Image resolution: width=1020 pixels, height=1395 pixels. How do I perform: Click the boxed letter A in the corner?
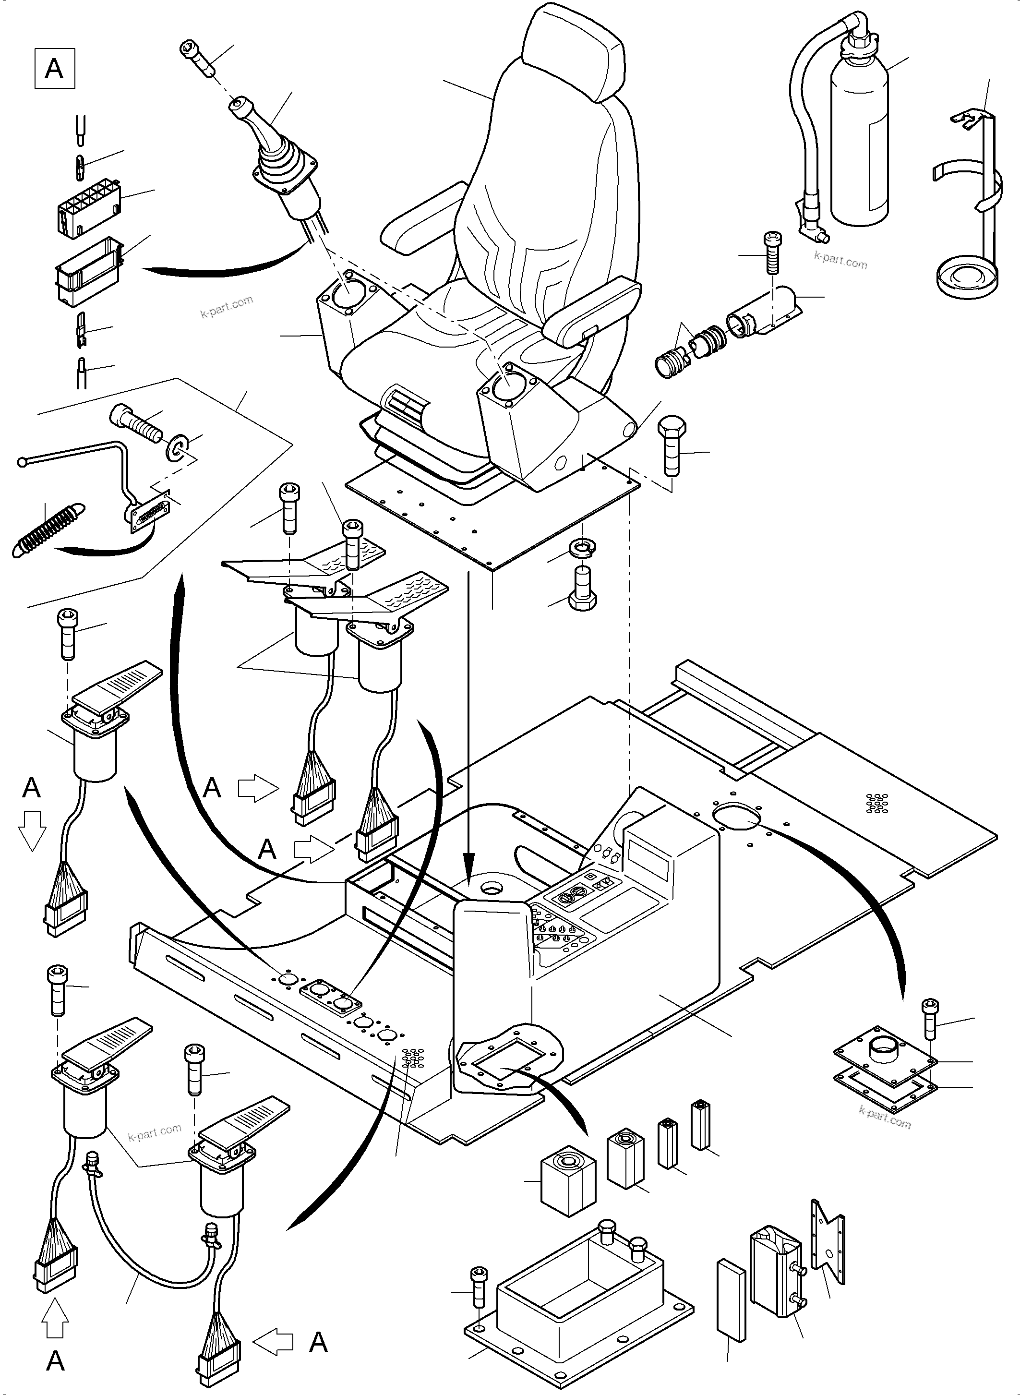click(54, 69)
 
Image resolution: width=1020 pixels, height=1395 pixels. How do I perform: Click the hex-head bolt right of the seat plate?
click(672, 444)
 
